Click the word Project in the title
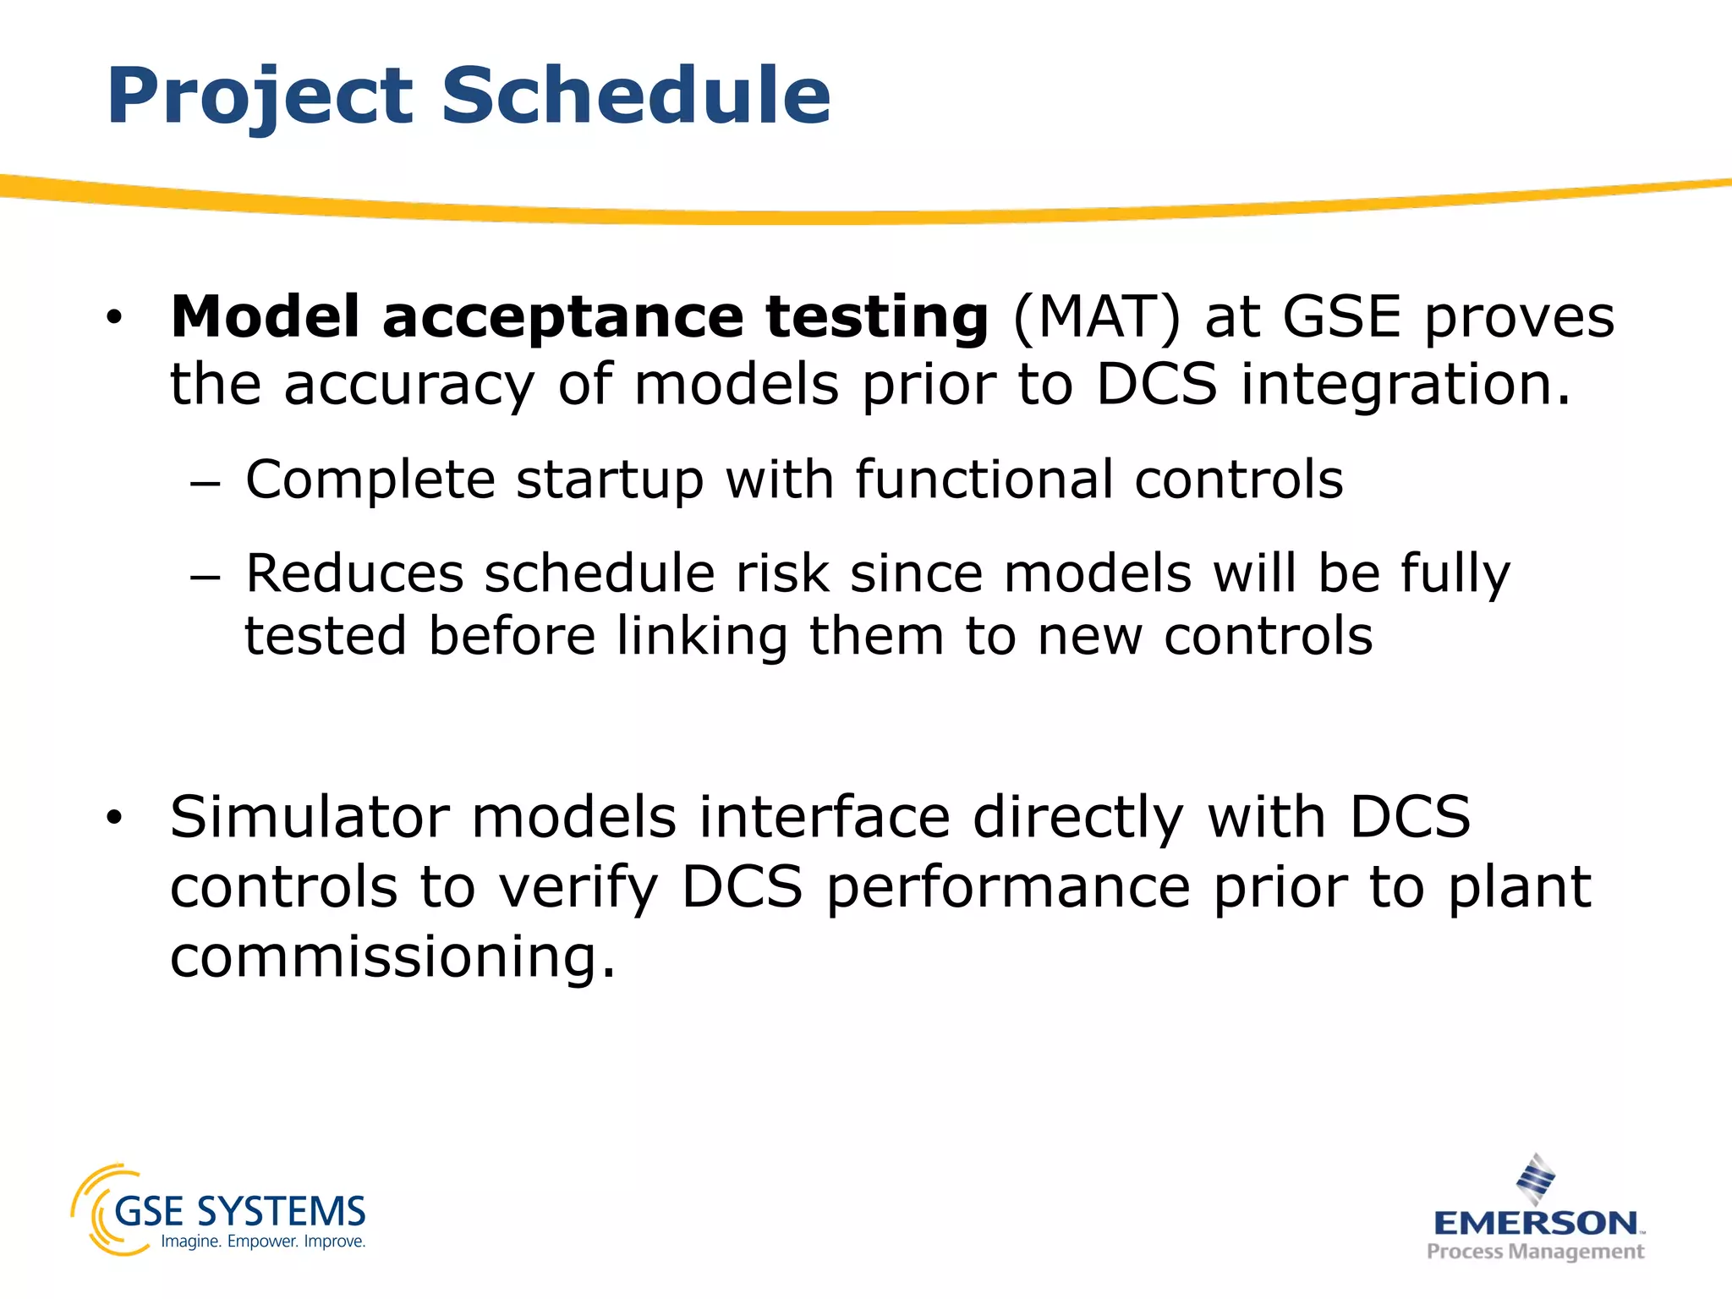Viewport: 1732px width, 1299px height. coord(260,97)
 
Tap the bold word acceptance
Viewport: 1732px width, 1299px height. coord(562,317)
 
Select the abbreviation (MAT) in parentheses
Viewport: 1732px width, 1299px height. coord(1096,317)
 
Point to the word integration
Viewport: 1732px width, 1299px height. coord(1406,385)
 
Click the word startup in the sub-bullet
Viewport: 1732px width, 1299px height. coord(610,480)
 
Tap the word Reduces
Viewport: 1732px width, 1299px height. coord(354,573)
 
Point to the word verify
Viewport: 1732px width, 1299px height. coord(578,887)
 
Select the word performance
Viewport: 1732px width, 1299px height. coord(1008,887)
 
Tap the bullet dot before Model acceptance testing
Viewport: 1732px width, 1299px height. coord(114,319)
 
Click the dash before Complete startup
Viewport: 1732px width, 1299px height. coord(205,484)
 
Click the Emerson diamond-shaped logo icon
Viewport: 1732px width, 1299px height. coord(1535,1178)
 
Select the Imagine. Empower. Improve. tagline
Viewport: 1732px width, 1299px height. coord(263,1241)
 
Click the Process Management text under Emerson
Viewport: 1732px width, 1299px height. coord(1535,1251)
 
